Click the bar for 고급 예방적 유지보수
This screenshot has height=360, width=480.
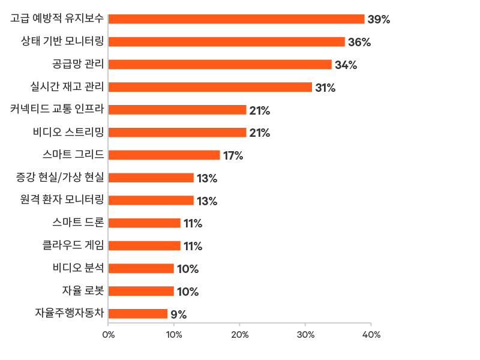pos(236,19)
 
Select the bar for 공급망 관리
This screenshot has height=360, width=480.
pos(220,65)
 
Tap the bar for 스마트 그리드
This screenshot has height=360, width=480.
pos(164,155)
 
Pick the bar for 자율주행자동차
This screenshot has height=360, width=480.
pos(138,314)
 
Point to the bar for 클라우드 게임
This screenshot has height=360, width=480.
pos(145,246)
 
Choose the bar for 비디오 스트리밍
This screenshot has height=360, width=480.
pos(178,133)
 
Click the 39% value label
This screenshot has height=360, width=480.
pos(379,20)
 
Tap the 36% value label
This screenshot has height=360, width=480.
pos(359,43)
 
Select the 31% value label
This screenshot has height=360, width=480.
pos(325,88)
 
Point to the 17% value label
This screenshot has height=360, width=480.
pos(233,156)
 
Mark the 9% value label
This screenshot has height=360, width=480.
pos(178,314)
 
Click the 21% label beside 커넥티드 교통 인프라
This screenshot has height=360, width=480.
pos(260,110)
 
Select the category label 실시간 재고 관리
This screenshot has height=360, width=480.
pos(67,87)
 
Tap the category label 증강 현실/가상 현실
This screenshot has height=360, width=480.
pos(59,177)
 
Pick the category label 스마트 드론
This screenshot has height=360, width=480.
pos(78,223)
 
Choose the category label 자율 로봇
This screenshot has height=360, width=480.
pos(83,290)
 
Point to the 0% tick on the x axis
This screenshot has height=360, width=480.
pos(109,335)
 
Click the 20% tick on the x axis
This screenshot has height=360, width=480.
pos(240,335)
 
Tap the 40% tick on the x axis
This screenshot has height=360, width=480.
pos(371,335)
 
